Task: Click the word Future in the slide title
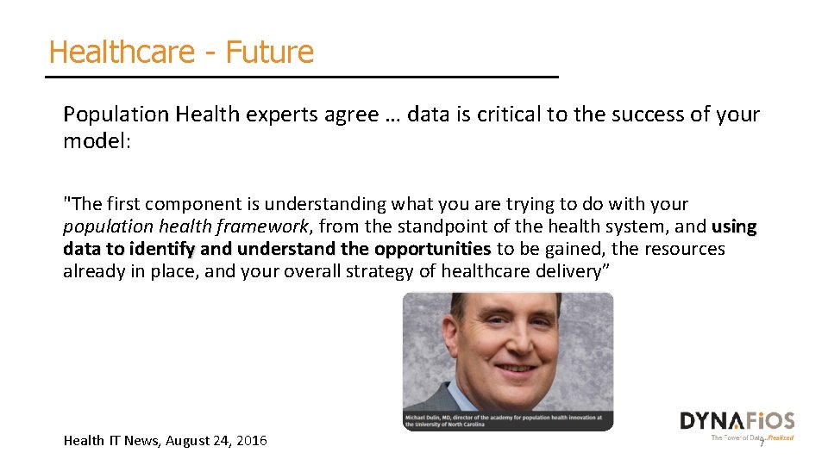click(270, 53)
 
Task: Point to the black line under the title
click(302, 77)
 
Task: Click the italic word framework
click(265, 226)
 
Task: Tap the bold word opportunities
click(433, 249)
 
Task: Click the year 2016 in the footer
click(251, 441)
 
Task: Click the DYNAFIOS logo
click(737, 421)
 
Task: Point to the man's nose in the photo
click(514, 345)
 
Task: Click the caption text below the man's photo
click(508, 421)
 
